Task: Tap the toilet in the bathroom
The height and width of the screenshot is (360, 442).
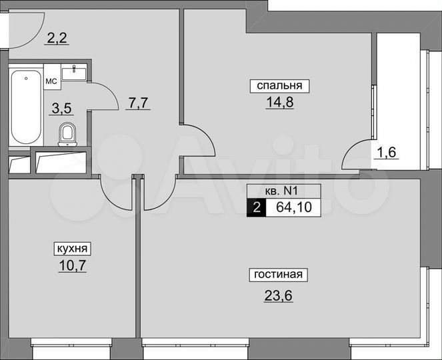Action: (x=67, y=134)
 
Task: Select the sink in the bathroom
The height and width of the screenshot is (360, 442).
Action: (x=74, y=72)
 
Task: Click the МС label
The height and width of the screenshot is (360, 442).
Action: (x=51, y=81)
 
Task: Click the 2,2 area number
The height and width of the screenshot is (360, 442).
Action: (x=57, y=39)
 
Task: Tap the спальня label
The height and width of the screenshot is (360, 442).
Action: (x=276, y=85)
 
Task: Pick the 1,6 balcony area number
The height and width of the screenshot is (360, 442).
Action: (x=387, y=152)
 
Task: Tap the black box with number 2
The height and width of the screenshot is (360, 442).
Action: (x=255, y=207)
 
